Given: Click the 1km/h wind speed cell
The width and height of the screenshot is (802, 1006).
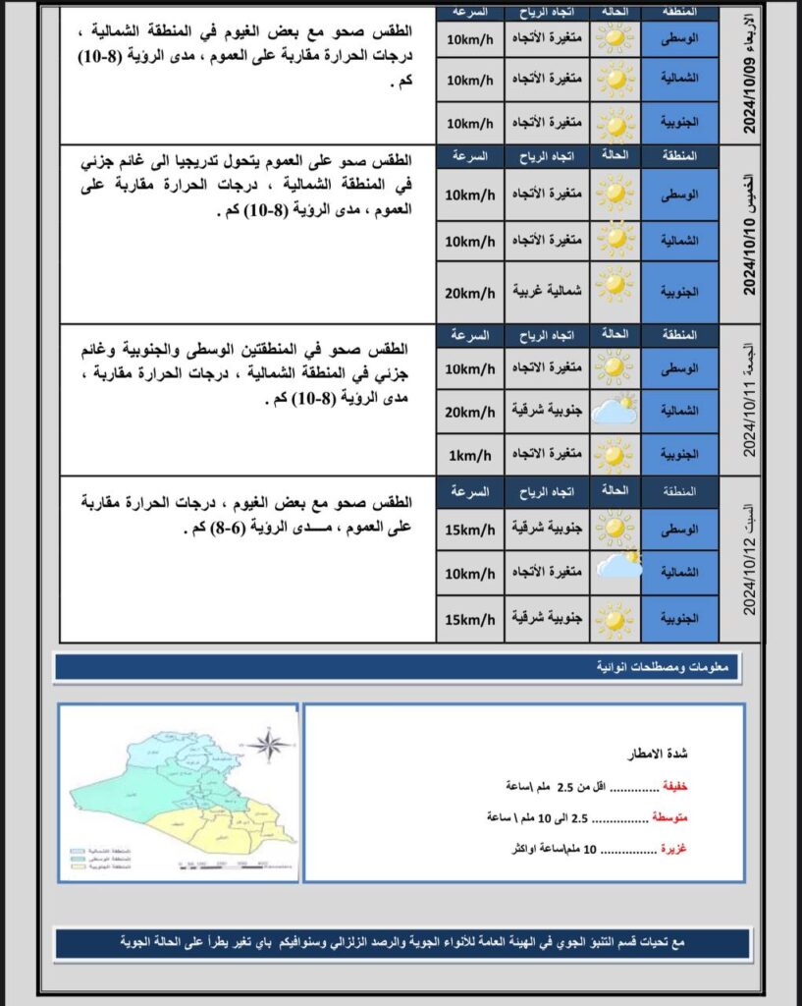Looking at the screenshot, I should coord(470,454).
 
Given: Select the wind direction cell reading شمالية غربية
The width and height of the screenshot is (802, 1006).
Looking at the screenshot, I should coord(547,291).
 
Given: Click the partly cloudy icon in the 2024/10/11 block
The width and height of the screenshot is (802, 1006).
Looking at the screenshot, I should coord(615,411).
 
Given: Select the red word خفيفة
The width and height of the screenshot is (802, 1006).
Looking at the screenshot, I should coord(675,787).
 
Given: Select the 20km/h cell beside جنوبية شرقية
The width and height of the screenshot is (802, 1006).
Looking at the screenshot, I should coord(470,411).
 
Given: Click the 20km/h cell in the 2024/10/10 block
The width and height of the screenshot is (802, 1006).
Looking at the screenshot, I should coord(470,291).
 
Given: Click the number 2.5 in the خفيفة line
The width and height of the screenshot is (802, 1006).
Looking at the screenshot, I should coord(566,787).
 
